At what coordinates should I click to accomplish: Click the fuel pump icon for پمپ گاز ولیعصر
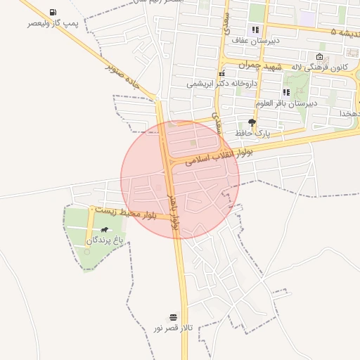click(x=53, y=13)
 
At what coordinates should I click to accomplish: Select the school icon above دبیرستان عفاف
click(x=255, y=30)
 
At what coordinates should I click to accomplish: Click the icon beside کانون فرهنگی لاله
click(x=320, y=57)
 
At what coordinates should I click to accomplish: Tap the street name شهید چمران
click(x=260, y=65)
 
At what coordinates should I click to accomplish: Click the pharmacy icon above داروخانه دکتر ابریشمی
click(x=222, y=73)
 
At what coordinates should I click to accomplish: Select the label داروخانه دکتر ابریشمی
click(x=222, y=83)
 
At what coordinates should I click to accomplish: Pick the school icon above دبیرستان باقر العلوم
click(x=286, y=92)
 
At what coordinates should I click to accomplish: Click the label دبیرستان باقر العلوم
click(x=288, y=103)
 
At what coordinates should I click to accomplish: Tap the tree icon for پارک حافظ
click(x=252, y=122)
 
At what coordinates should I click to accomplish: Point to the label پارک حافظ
click(x=252, y=132)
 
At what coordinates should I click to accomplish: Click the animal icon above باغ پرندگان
click(x=105, y=230)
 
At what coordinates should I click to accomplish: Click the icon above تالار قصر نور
click(x=173, y=316)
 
